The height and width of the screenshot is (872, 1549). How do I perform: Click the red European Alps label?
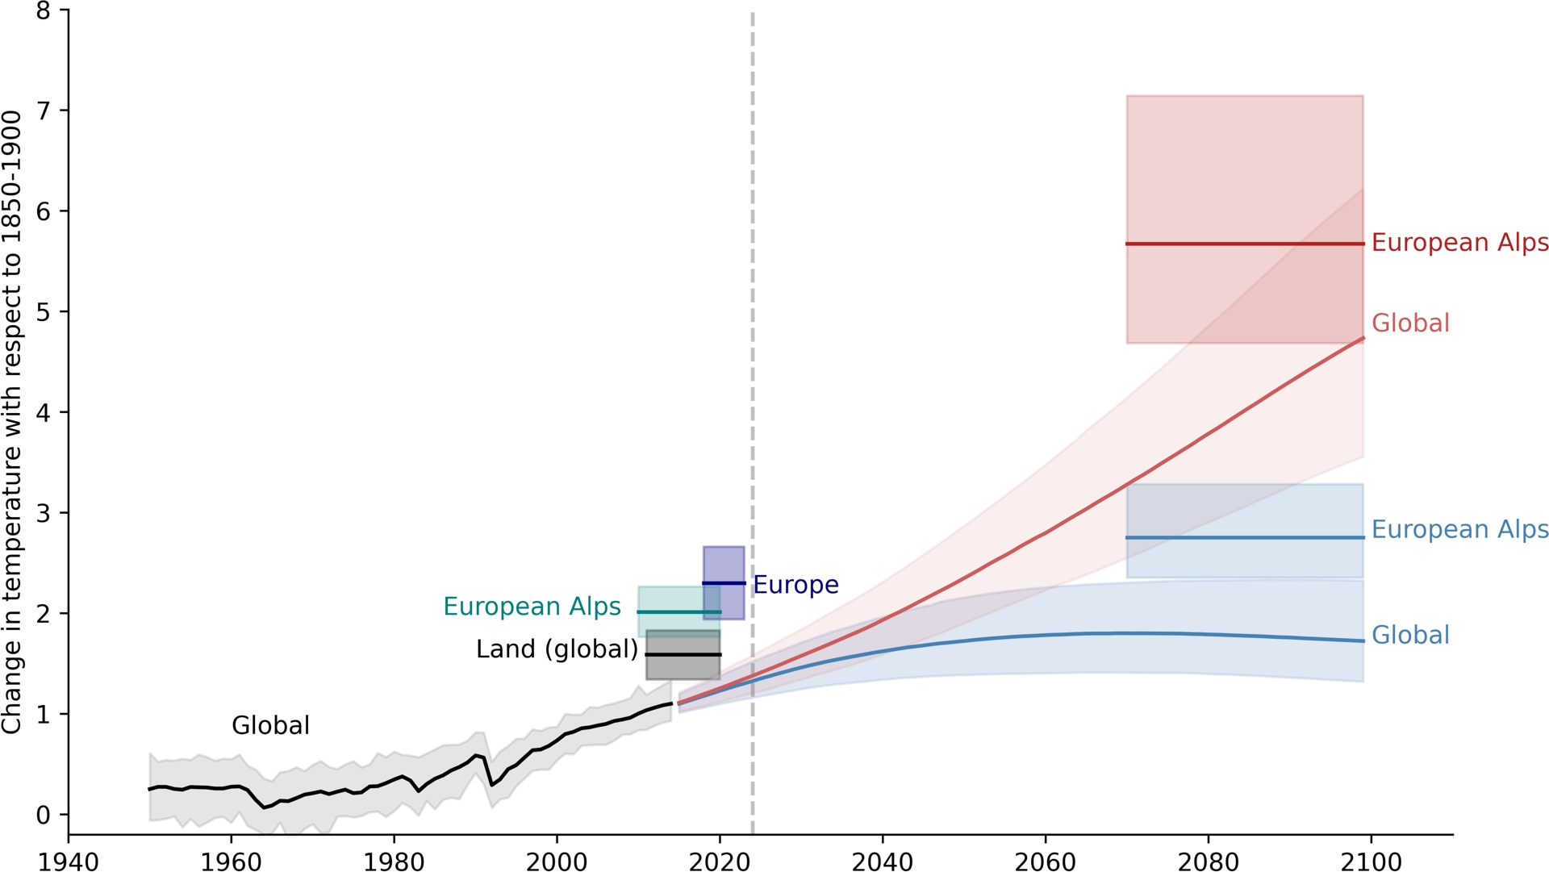(1459, 243)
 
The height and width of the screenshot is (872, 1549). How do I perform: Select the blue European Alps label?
(1459, 530)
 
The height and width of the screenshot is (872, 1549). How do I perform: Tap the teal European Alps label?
(532, 607)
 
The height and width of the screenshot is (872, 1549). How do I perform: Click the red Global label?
(1410, 323)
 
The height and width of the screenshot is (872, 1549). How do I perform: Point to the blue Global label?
(1410, 636)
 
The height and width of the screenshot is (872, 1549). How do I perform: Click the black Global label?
(270, 726)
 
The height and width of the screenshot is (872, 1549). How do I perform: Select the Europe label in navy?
(795, 585)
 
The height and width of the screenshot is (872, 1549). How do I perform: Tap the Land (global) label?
(557, 649)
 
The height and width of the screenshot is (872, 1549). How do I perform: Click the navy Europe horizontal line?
(724, 582)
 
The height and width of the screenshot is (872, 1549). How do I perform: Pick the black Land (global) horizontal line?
(683, 654)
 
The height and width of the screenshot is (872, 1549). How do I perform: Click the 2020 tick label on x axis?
(719, 862)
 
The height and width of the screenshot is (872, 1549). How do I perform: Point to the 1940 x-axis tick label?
(69, 862)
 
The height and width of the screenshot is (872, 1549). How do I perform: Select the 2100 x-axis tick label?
(1371, 862)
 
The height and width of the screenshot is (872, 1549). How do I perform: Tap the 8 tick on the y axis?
(43, 11)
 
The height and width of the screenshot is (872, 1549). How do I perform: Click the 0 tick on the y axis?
(43, 815)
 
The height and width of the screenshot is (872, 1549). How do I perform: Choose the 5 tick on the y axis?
(43, 312)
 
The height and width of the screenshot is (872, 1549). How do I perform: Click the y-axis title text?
(11, 423)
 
